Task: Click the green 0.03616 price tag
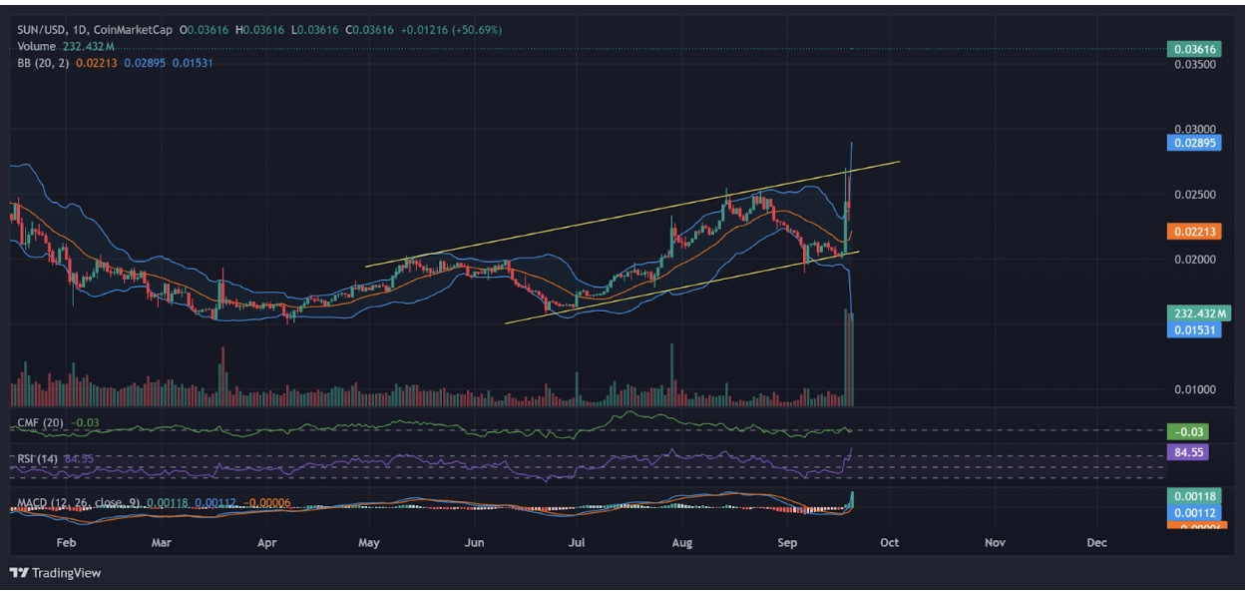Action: pos(1193,49)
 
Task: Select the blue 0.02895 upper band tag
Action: pos(1193,143)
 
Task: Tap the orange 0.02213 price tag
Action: pos(1193,232)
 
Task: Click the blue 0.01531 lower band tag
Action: pos(1193,329)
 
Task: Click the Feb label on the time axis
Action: pos(66,543)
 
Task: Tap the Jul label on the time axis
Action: pos(576,543)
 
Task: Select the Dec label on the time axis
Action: pos(1096,543)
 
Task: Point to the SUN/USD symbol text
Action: pos(44,30)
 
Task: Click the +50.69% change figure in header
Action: pos(478,30)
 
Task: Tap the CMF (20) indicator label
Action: pos(40,423)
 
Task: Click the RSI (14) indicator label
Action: pos(38,459)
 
